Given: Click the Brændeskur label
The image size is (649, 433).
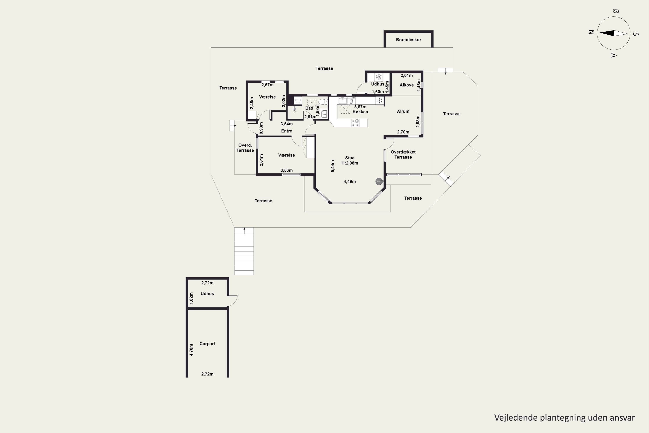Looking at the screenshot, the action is coord(408,40).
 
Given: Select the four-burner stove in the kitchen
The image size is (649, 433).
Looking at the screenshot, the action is coord(355,123).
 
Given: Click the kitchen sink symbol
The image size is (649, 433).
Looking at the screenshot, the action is coord(343,100).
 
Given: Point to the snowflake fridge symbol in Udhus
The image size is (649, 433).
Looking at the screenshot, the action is coord(379,77).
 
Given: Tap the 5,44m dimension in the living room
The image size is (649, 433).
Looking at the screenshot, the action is coord(333,166).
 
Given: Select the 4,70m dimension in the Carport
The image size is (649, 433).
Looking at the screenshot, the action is coord(191,350).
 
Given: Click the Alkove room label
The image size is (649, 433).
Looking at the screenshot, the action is coord(406,85).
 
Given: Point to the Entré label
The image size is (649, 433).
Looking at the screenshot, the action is coord(286,131).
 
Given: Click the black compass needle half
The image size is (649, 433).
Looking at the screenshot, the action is coord(607,33).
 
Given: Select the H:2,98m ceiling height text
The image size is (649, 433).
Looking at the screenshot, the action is coord(350,163).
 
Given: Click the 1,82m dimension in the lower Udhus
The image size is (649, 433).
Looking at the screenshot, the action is coord(191,298).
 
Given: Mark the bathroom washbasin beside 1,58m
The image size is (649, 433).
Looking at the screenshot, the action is coord(324,114).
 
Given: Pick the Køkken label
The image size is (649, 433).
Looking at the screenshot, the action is coord(360,112).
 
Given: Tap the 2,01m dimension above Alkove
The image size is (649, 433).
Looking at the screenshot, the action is coord(406,76).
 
